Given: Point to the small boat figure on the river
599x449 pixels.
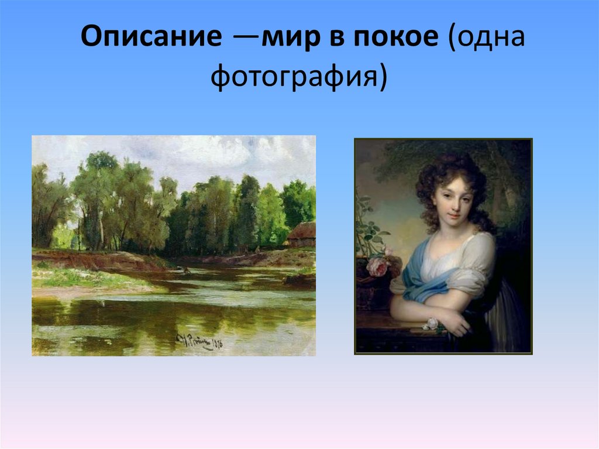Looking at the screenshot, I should coord(185,270).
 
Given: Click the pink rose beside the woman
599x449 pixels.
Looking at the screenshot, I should coord(378,266).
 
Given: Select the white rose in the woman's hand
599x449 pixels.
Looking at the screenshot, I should coord(431,323).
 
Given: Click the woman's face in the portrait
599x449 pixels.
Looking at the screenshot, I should coord(450,199).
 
